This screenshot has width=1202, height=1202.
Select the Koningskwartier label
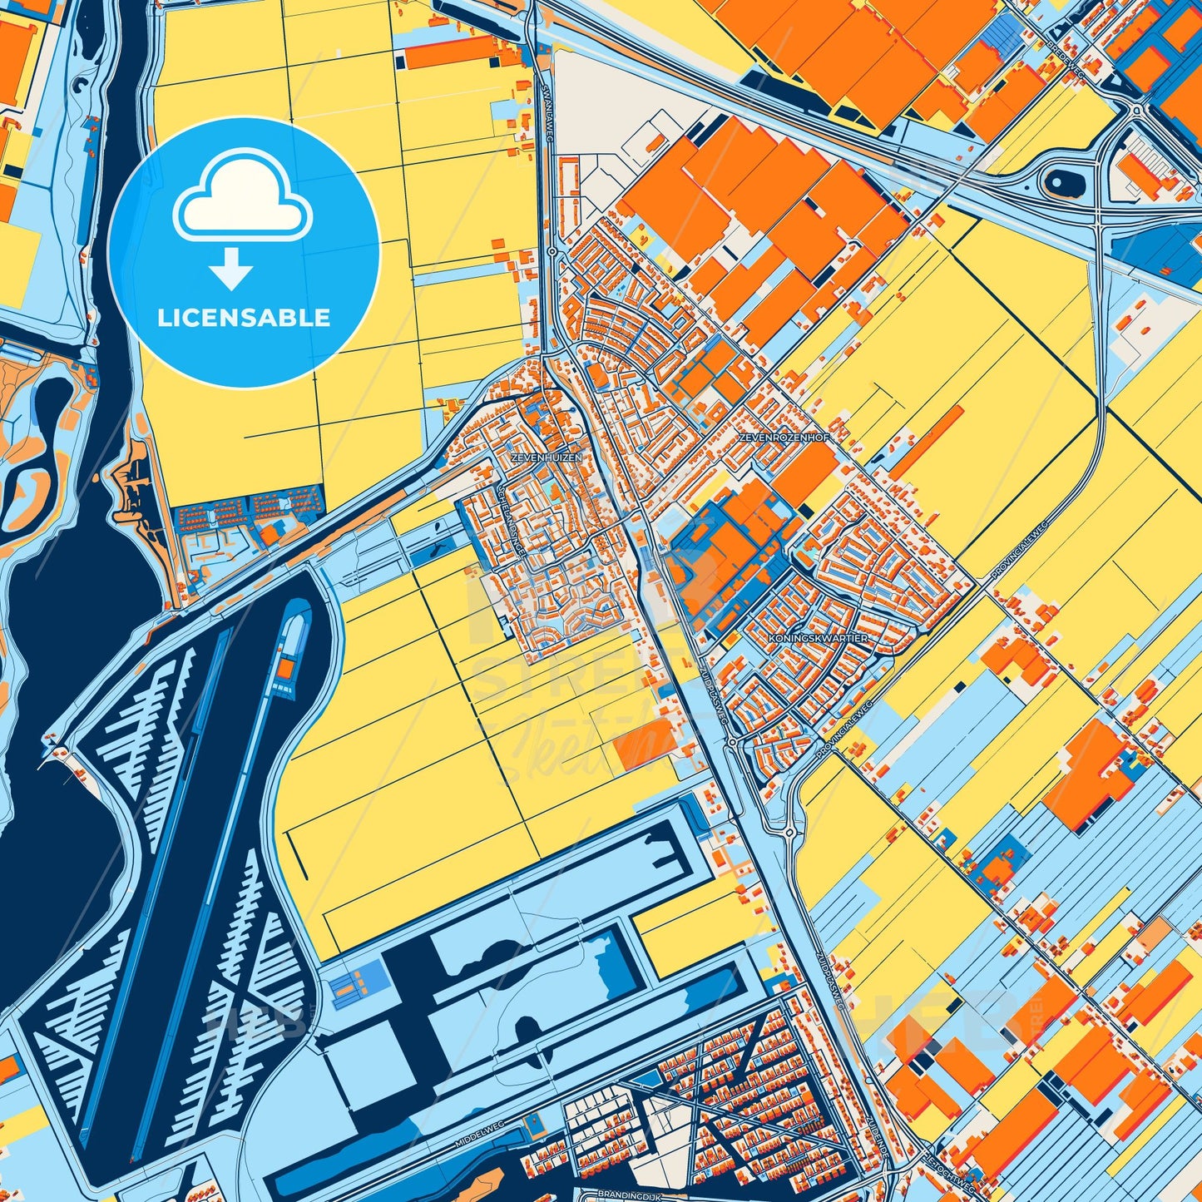tap(819, 638)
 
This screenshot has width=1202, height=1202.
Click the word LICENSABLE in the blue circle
tap(244, 318)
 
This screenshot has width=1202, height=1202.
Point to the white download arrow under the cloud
tap(231, 269)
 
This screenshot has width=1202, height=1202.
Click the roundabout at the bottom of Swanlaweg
tap(552, 250)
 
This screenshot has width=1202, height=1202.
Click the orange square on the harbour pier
tap(285, 667)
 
